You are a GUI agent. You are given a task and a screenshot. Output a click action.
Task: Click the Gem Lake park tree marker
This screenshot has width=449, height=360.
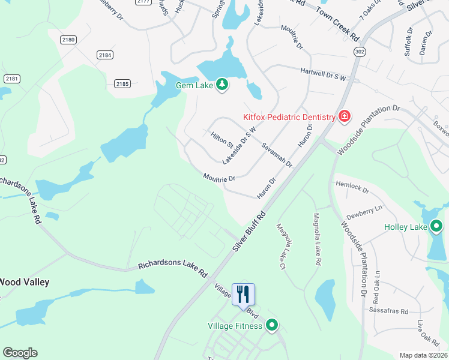(222, 85)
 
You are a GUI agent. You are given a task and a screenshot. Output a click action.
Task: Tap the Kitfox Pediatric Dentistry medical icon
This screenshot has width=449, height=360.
(344, 116)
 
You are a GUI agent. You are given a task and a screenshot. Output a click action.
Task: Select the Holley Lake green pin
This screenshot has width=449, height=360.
(436, 226)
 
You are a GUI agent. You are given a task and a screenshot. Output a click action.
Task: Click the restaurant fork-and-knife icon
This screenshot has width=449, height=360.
(243, 294)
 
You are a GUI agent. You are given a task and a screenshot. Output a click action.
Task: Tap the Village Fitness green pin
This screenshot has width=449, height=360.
(272, 325)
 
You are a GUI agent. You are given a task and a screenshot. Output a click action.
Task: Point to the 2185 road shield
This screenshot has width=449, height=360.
(122, 84)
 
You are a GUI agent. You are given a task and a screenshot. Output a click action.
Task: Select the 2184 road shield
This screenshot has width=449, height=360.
(105, 55)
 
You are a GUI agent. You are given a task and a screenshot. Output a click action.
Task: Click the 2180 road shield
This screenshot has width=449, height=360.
(68, 40)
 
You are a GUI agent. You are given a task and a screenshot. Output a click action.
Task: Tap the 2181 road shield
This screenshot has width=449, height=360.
(11, 79)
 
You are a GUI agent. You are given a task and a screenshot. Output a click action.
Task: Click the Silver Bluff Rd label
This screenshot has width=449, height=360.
(248, 232)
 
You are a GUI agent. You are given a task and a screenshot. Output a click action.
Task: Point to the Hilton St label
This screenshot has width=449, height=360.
(221, 140)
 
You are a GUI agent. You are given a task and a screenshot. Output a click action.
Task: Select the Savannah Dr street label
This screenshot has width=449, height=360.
(277, 155)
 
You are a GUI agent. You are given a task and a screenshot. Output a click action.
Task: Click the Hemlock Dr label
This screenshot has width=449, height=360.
(352, 187)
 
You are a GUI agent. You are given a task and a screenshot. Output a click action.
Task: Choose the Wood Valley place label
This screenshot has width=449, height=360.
(24, 281)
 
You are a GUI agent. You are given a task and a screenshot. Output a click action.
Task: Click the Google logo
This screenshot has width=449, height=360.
(20, 353)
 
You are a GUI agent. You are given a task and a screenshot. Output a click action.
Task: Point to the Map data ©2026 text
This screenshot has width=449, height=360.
(423, 355)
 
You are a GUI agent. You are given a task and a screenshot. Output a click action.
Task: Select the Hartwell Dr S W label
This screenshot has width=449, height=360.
(324, 74)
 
